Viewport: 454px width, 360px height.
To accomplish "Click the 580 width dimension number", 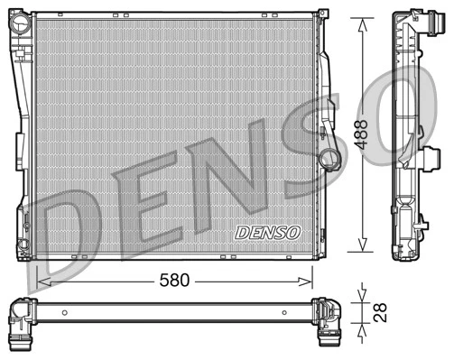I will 176,281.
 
